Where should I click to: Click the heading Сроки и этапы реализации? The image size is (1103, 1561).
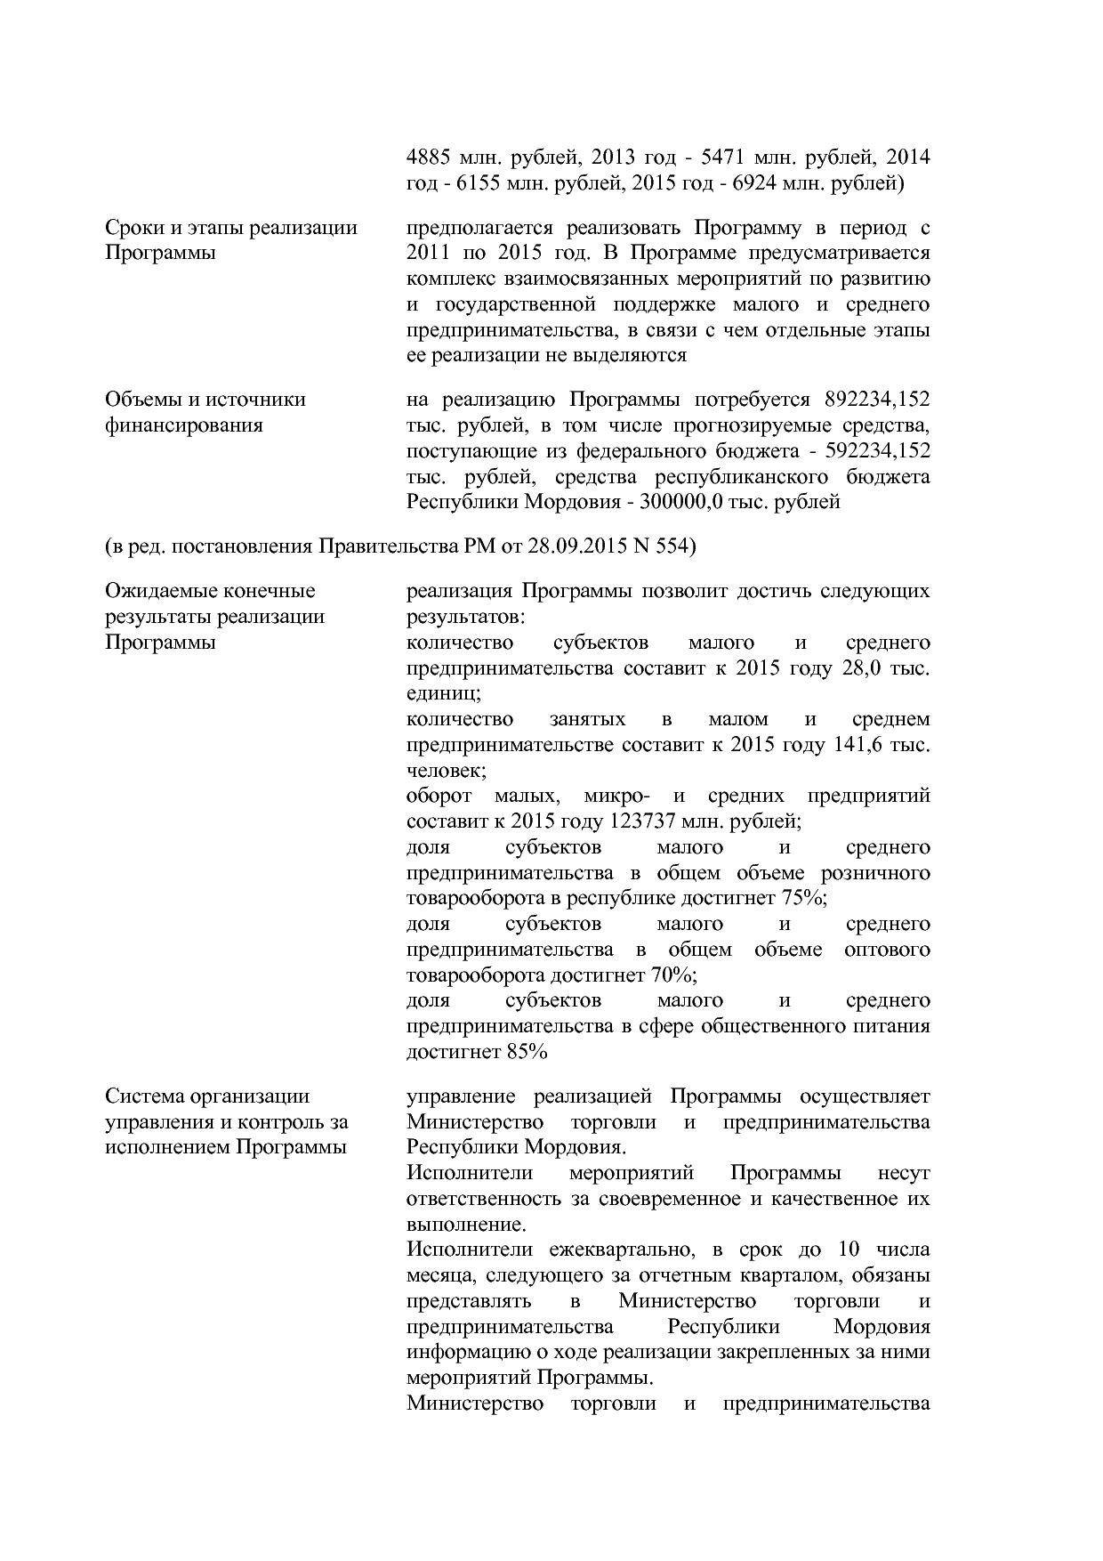pyautogui.click(x=231, y=227)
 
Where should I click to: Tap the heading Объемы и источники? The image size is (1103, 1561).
pyautogui.click(x=205, y=399)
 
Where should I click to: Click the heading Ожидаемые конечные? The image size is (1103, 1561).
pyautogui.click(x=210, y=591)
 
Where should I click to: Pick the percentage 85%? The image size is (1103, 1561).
pyautogui.click(x=526, y=1052)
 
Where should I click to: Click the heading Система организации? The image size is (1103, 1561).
pyautogui.click(x=207, y=1096)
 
